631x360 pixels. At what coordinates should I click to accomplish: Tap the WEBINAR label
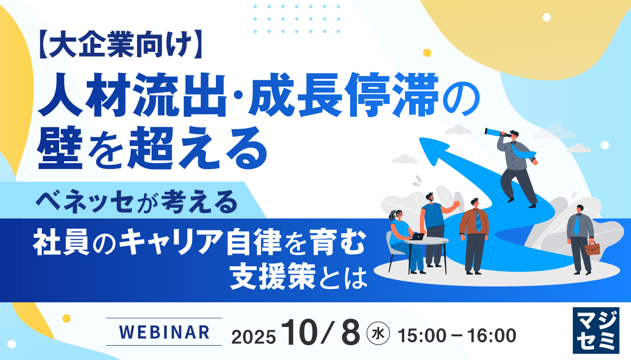[x=164, y=332]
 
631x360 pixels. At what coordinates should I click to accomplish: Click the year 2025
[x=253, y=337]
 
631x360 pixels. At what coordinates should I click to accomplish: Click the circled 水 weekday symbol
[x=379, y=334]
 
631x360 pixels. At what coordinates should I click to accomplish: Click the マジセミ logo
[x=596, y=330]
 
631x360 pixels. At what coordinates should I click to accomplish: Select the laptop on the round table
[x=417, y=237]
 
